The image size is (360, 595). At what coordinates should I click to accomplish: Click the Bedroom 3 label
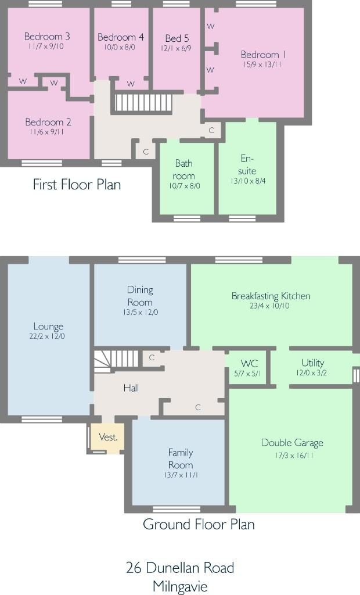click(47, 37)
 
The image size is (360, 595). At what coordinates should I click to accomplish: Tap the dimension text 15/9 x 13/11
click(262, 64)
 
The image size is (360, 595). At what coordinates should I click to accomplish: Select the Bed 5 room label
click(177, 38)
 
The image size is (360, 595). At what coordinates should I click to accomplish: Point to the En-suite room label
click(247, 164)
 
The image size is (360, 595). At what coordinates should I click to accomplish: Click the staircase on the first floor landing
click(143, 102)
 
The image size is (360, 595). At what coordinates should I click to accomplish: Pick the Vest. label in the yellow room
click(108, 437)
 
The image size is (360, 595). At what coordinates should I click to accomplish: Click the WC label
click(249, 364)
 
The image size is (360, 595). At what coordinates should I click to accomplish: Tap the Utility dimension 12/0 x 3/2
click(311, 373)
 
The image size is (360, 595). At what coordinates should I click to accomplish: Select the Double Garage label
click(292, 443)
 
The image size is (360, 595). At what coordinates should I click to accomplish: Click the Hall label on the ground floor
click(131, 388)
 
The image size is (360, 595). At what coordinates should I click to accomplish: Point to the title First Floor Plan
click(77, 184)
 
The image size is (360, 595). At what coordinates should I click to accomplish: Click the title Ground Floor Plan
click(199, 525)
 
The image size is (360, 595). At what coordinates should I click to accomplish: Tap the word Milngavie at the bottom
click(180, 587)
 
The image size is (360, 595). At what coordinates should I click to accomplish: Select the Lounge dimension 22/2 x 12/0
click(47, 336)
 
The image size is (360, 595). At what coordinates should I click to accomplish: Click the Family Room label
click(181, 458)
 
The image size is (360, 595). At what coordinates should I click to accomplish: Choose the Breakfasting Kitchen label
click(271, 296)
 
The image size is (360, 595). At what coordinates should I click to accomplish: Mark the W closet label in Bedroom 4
click(131, 84)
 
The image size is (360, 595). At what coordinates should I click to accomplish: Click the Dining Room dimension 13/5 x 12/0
click(141, 312)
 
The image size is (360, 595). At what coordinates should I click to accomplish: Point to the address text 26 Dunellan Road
click(180, 568)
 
